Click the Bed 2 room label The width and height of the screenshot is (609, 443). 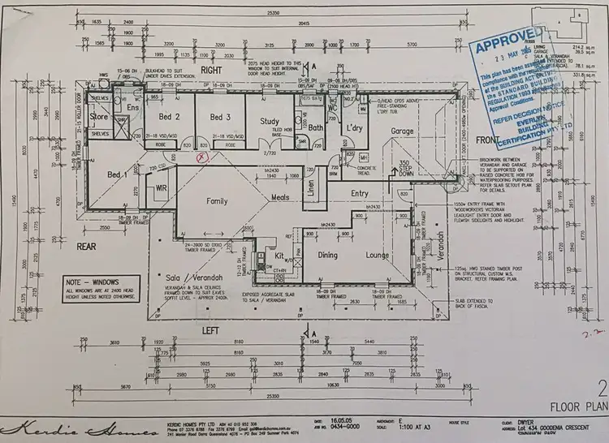coord(168,117)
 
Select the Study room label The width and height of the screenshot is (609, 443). coord(270,122)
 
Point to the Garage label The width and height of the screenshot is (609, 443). coord(401,131)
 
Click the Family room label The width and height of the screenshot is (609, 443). coord(217,200)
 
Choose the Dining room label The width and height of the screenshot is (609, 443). coord(327,256)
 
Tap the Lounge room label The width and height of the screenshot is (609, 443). coord(378,256)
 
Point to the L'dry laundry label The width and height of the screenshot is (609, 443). coord(354,128)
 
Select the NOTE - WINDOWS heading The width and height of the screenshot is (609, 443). coord(97,280)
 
